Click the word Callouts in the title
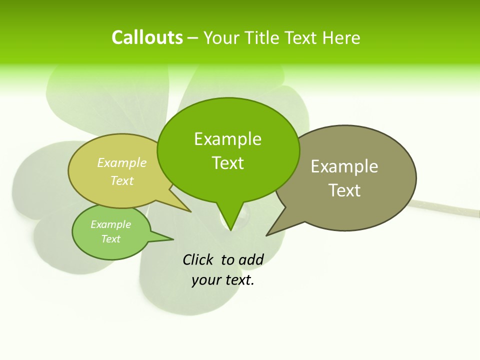click(x=147, y=37)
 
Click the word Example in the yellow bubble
click(x=122, y=162)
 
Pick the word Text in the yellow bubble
click(x=122, y=180)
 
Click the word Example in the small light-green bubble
click(x=110, y=224)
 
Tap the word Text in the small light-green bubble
click(x=110, y=239)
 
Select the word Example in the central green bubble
click(x=227, y=139)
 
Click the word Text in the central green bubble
click(x=228, y=163)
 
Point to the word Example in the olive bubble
click(x=344, y=166)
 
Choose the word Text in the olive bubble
click(x=344, y=190)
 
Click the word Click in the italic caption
click(x=197, y=259)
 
